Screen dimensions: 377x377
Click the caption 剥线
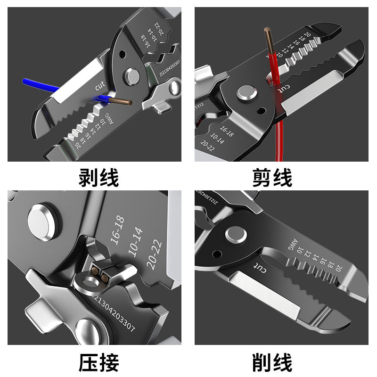[x=98, y=178]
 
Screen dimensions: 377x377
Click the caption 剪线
[x=272, y=178]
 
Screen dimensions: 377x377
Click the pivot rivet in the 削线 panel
[x=234, y=234]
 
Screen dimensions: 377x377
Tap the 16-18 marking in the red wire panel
[x=226, y=131]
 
